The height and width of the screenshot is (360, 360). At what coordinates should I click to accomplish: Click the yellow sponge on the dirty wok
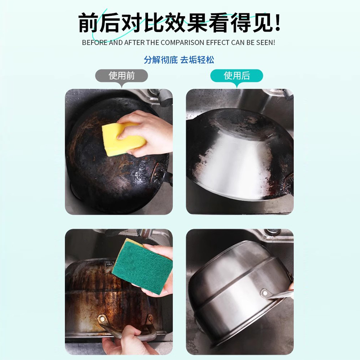pyautogui.click(x=122, y=139)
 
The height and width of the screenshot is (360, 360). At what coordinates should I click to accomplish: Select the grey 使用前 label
pyautogui.click(x=121, y=76)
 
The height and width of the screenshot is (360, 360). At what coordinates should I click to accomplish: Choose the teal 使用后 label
pyautogui.click(x=237, y=76)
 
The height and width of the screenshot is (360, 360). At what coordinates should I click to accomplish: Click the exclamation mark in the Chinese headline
pyautogui.click(x=277, y=22)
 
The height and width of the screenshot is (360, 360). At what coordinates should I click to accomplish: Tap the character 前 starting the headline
pyautogui.click(x=89, y=22)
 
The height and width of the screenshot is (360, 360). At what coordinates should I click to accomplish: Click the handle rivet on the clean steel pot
pyautogui.click(x=266, y=293)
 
